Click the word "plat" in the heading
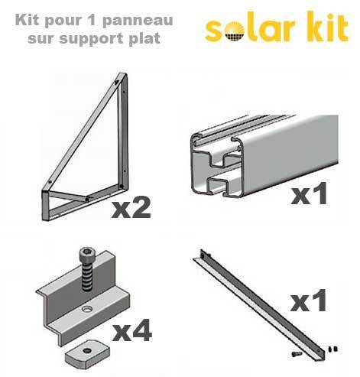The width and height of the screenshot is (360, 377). click(144, 38)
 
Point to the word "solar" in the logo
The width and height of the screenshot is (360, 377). click(248, 30)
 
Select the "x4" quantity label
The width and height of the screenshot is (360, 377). click(131, 331)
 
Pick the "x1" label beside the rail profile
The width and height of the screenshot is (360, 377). click(309, 194)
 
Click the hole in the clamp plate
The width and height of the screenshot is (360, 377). click(87, 309)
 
